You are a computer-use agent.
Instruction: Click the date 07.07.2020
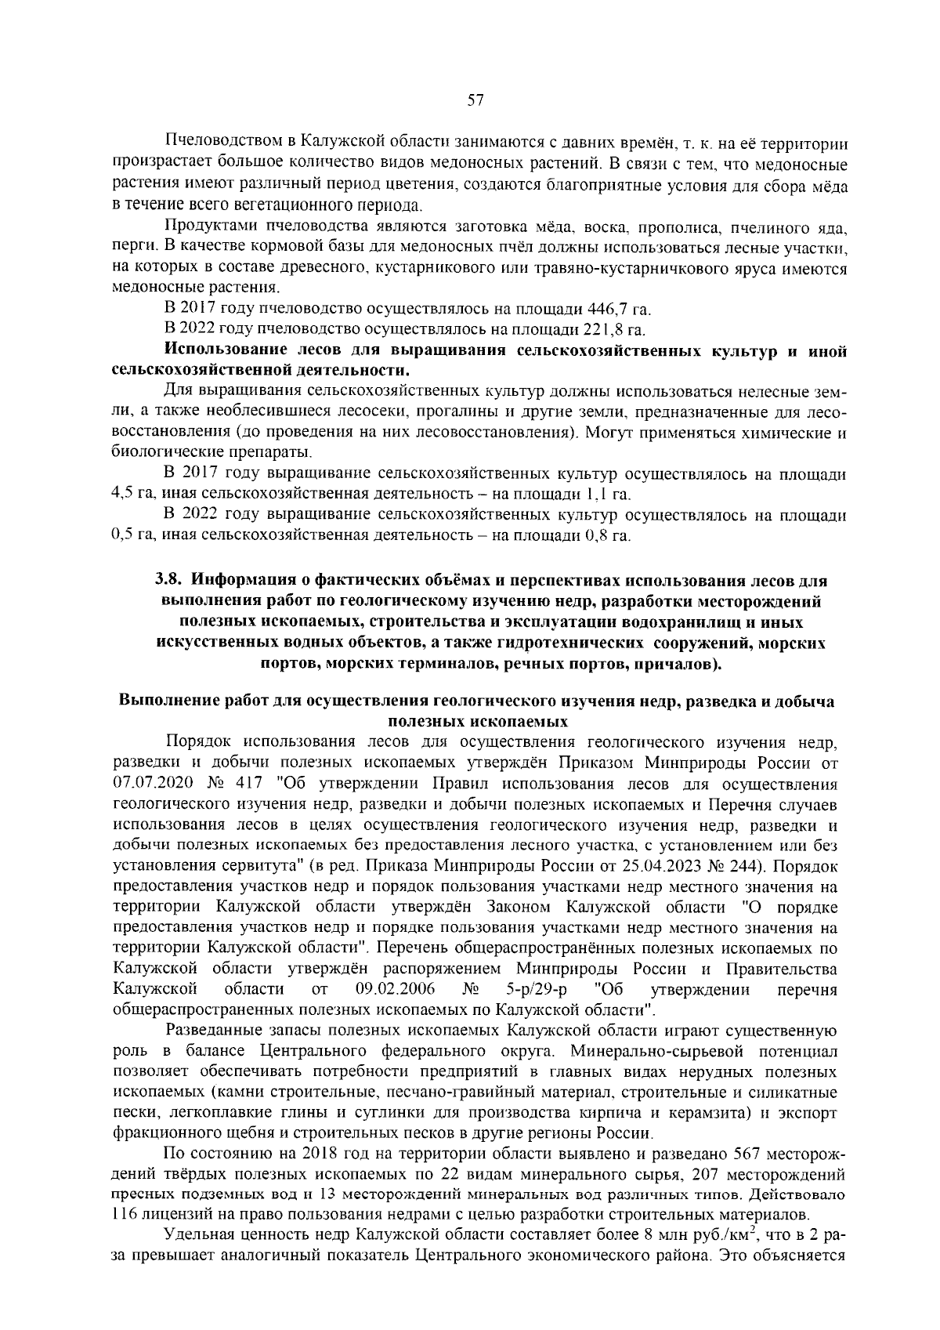click(x=149, y=783)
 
